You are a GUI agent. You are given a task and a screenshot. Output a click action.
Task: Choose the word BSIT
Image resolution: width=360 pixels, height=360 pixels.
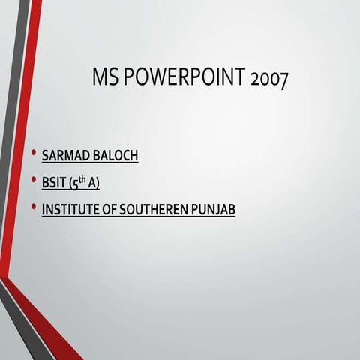(55, 183)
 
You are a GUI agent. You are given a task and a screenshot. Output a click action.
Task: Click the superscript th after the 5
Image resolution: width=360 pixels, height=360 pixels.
(84, 180)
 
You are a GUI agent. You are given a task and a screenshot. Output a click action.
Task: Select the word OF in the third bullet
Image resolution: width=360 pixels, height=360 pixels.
(108, 210)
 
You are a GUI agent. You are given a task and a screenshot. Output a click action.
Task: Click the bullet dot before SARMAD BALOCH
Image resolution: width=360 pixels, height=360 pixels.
(33, 154)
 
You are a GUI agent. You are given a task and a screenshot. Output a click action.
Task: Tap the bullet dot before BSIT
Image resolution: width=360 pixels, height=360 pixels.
(33, 181)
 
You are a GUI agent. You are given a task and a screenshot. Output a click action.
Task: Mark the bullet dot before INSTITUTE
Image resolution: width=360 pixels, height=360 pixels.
(33, 208)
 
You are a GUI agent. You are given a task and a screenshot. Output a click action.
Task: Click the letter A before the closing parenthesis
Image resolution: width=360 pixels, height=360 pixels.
(92, 183)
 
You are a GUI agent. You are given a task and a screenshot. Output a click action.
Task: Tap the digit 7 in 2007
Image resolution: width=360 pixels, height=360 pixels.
(283, 80)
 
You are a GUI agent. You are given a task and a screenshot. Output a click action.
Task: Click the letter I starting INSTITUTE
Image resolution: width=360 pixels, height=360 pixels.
(43, 210)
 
